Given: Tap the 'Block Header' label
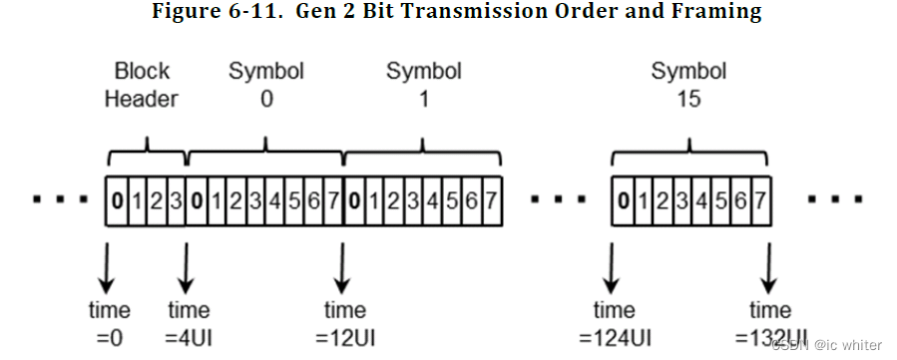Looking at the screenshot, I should tap(143, 85).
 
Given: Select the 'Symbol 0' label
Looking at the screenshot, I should tap(265, 85).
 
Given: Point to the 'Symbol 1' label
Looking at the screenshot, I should tap(424, 85).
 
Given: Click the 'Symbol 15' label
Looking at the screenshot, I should tap(688, 85).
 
